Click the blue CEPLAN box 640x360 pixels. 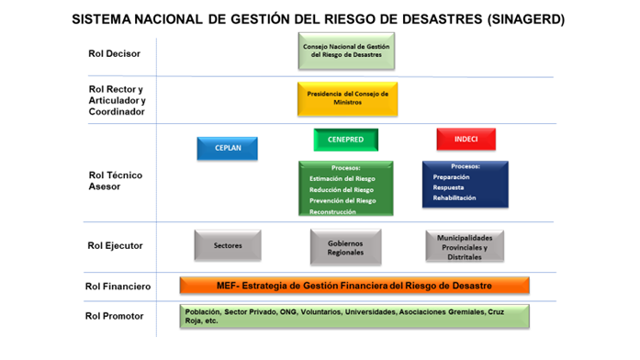tap(227, 149)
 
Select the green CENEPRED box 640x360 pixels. tap(345, 140)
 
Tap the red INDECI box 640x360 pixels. tap(466, 140)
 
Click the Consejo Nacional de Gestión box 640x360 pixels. tap(346, 51)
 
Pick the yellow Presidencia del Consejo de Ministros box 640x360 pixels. tap(347, 98)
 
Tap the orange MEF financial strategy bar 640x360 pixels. tap(355, 286)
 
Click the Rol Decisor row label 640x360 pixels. tap(108, 53)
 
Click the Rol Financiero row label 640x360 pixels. tap(114, 287)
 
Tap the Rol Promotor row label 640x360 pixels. tap(112, 316)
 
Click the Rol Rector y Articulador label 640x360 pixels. tap(115, 100)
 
